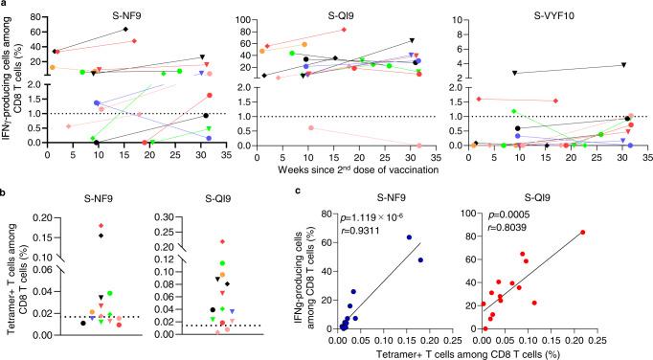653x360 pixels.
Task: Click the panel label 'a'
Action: pyautogui.click(x=5, y=5)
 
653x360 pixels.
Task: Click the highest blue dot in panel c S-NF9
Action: pyautogui.click(x=409, y=237)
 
